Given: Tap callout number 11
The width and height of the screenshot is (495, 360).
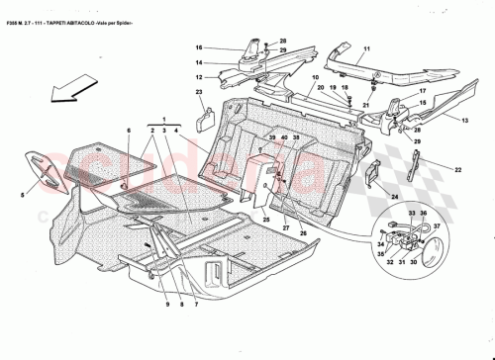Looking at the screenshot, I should [364, 48].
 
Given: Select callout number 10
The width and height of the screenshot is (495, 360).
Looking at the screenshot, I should [317, 76].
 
